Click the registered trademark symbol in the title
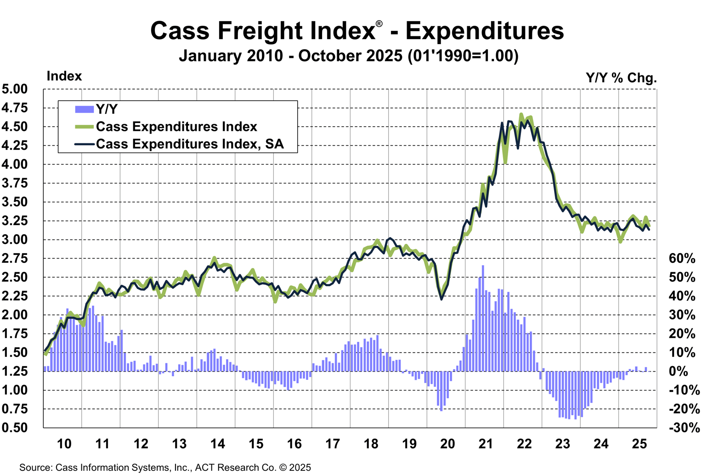[379, 24]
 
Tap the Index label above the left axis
[64, 76]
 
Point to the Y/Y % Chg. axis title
[621, 78]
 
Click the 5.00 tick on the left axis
[15, 89]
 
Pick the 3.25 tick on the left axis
[15, 221]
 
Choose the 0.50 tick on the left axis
[15, 428]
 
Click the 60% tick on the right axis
[682, 259]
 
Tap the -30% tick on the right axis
[684, 428]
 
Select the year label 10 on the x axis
[64, 444]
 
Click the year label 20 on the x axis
[447, 444]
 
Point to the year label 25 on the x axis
[640, 444]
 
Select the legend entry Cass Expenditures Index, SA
[190, 144]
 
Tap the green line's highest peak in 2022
[521, 114]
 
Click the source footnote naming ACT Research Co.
[165, 468]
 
